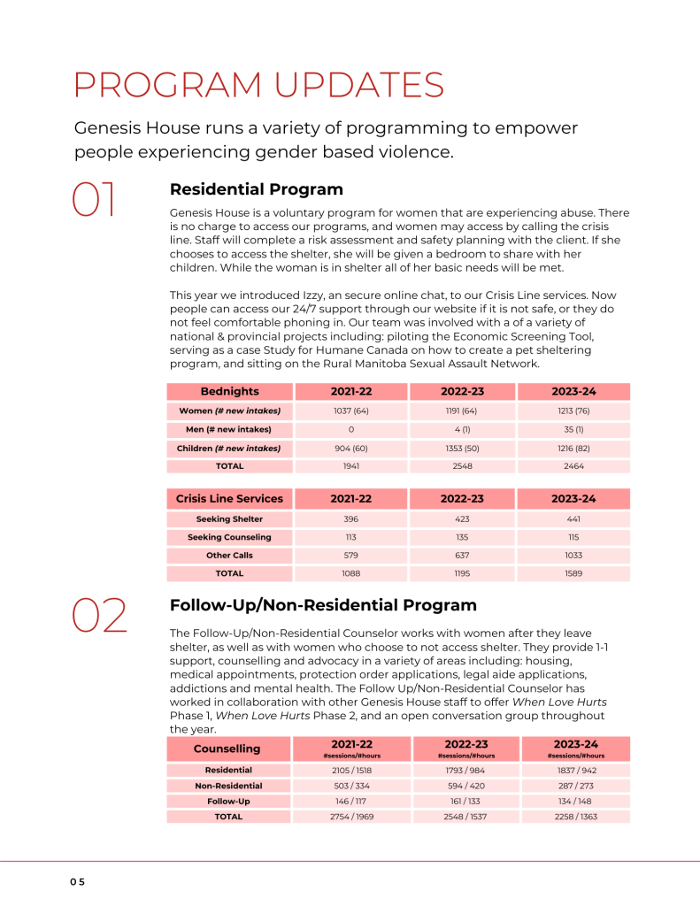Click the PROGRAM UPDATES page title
pyautogui.click(x=259, y=85)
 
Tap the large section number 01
pyautogui.click(x=94, y=200)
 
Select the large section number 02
pyautogui.click(x=99, y=616)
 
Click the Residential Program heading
pyautogui.click(x=257, y=189)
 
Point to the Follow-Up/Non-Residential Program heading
pyautogui.click(x=323, y=605)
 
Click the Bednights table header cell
pyautogui.click(x=230, y=391)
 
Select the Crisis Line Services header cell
pyautogui.click(x=230, y=498)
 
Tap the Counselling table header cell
pyautogui.click(x=227, y=749)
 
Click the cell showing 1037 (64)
pyautogui.click(x=351, y=411)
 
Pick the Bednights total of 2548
pyautogui.click(x=463, y=465)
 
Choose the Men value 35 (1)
pyautogui.click(x=574, y=429)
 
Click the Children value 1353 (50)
pyautogui.click(x=463, y=448)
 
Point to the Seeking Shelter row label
pyautogui.click(x=229, y=519)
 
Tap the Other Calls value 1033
pyautogui.click(x=574, y=556)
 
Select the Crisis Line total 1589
pyautogui.click(x=574, y=573)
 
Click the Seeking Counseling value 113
pyautogui.click(x=351, y=537)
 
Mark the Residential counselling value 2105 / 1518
pyautogui.click(x=351, y=771)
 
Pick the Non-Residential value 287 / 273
pyautogui.click(x=576, y=786)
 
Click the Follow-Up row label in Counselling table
pyautogui.click(x=228, y=801)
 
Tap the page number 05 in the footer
pyautogui.click(x=78, y=882)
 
